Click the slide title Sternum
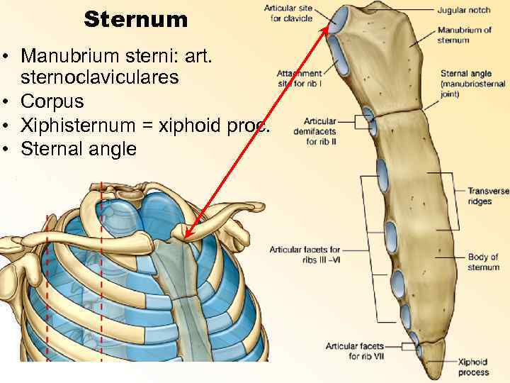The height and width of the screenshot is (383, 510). click(136, 19)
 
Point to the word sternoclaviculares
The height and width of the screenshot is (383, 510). click(99, 78)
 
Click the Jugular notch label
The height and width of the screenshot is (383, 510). click(463, 10)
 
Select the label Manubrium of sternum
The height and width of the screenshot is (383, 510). click(464, 35)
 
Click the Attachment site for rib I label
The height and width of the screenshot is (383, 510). click(299, 77)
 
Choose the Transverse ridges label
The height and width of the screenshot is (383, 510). click(487, 196)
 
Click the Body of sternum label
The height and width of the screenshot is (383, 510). click(482, 262)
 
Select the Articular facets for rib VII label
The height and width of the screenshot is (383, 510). click(354, 350)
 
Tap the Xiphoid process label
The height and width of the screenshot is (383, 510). click(472, 367)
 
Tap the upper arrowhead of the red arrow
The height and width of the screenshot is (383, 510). click(331, 25)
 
